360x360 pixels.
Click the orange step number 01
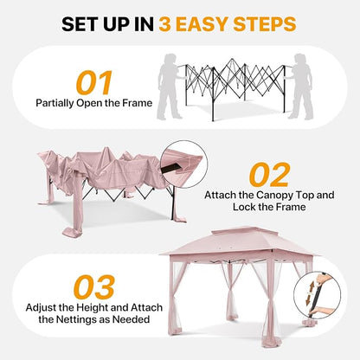click(93, 83)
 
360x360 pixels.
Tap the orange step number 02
click(269, 175)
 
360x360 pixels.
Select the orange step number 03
click(94, 287)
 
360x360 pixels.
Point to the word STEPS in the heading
click(265, 24)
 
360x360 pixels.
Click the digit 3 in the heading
click(165, 24)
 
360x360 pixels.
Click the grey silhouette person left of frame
click(170, 87)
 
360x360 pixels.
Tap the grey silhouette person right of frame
click(301, 87)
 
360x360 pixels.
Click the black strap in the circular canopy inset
click(170, 169)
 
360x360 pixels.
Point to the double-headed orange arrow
click(312, 293)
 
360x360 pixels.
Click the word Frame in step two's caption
click(291, 207)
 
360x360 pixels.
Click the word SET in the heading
click(78, 24)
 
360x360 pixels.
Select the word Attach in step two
click(220, 196)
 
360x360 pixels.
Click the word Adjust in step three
click(41, 308)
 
